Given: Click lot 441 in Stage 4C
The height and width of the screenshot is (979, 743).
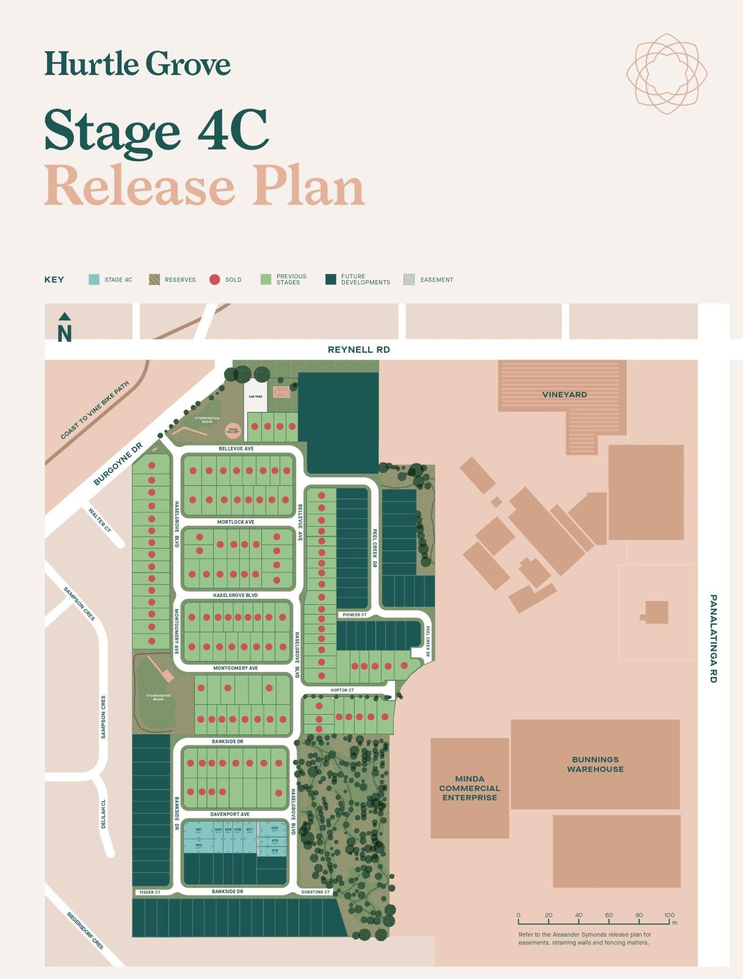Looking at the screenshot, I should click(x=198, y=831).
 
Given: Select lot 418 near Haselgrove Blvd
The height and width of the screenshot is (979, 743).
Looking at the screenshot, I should click(x=275, y=851).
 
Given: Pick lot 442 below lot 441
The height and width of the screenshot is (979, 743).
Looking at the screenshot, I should click(x=198, y=845).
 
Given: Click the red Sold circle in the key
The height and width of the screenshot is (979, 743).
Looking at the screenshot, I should click(x=214, y=280).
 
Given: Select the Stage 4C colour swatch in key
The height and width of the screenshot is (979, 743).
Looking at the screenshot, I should click(x=94, y=280).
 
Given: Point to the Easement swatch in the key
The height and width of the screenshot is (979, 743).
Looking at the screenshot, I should click(x=409, y=280).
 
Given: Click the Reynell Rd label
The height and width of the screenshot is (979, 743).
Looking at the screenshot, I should click(x=358, y=350).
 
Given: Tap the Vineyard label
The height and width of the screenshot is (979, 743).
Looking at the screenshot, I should click(x=564, y=395).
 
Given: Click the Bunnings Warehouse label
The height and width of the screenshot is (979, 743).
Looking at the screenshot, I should click(x=595, y=764).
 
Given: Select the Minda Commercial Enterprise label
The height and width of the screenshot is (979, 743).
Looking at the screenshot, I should click(x=469, y=788).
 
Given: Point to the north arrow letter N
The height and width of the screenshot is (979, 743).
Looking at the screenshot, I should click(x=65, y=334).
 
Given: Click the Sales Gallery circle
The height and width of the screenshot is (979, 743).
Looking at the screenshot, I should click(x=233, y=430).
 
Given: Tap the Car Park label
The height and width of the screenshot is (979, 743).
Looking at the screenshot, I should click(x=255, y=397).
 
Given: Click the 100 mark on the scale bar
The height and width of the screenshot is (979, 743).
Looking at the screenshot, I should click(x=669, y=916).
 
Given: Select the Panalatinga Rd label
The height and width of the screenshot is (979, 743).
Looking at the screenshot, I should click(x=713, y=638).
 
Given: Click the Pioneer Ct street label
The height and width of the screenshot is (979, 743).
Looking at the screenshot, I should click(x=354, y=615).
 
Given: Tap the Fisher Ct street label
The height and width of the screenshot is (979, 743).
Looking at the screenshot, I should click(x=150, y=892).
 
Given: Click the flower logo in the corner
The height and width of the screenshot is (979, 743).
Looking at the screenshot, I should click(x=667, y=74).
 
